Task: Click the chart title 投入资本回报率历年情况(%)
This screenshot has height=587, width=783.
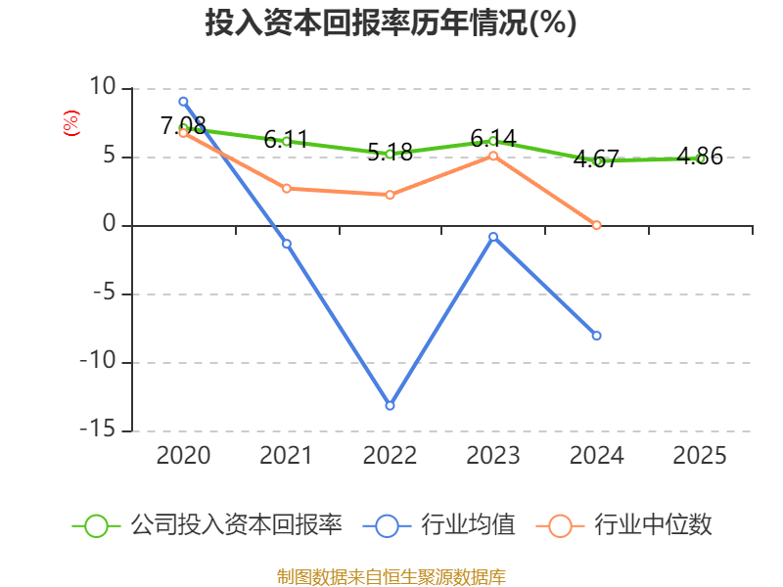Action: [391, 23]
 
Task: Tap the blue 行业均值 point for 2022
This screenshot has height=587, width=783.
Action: [390, 405]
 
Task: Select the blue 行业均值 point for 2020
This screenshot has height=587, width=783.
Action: [183, 101]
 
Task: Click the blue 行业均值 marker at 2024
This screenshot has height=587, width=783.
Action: [597, 336]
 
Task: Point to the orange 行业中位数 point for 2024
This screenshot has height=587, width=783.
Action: [597, 225]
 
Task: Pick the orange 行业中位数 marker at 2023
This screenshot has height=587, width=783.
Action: [493, 156]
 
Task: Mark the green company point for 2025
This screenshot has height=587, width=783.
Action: [700, 158]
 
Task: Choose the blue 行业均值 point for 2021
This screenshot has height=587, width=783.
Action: [287, 244]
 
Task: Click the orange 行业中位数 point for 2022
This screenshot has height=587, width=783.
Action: [390, 195]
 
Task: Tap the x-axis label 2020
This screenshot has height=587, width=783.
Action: [183, 456]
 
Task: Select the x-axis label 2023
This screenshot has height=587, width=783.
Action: [493, 456]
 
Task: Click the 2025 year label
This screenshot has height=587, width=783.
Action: [700, 456]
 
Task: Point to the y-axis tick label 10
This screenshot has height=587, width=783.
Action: [102, 88]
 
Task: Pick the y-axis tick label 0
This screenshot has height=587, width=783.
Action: [109, 225]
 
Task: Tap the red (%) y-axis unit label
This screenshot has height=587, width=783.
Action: [70, 123]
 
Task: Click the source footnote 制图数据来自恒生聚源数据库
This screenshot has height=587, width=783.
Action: [391, 576]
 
